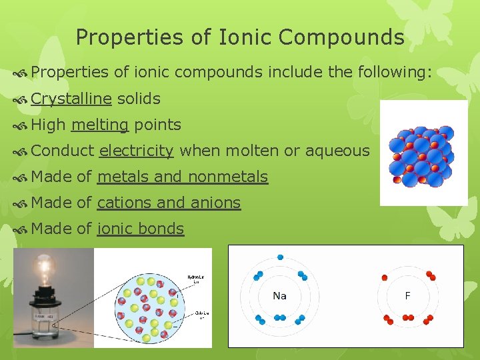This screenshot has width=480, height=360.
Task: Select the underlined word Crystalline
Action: tap(71, 99)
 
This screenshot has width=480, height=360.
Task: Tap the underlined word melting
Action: tap(99, 125)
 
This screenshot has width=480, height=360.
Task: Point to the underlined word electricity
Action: tap(136, 151)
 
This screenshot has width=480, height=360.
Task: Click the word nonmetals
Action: tap(228, 177)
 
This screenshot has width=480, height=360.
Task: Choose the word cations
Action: tap(125, 203)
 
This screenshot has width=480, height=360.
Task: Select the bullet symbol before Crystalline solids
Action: tap(21, 100)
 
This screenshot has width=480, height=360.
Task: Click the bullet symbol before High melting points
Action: tap(21, 126)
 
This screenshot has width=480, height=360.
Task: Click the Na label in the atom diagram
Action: tap(279, 296)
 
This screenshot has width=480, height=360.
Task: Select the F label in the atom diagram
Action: tap(407, 296)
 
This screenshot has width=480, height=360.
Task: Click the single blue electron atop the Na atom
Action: tap(280, 257)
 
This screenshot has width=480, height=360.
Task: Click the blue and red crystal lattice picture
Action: tap(423, 153)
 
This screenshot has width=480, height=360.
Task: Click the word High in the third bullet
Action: tap(48, 125)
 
